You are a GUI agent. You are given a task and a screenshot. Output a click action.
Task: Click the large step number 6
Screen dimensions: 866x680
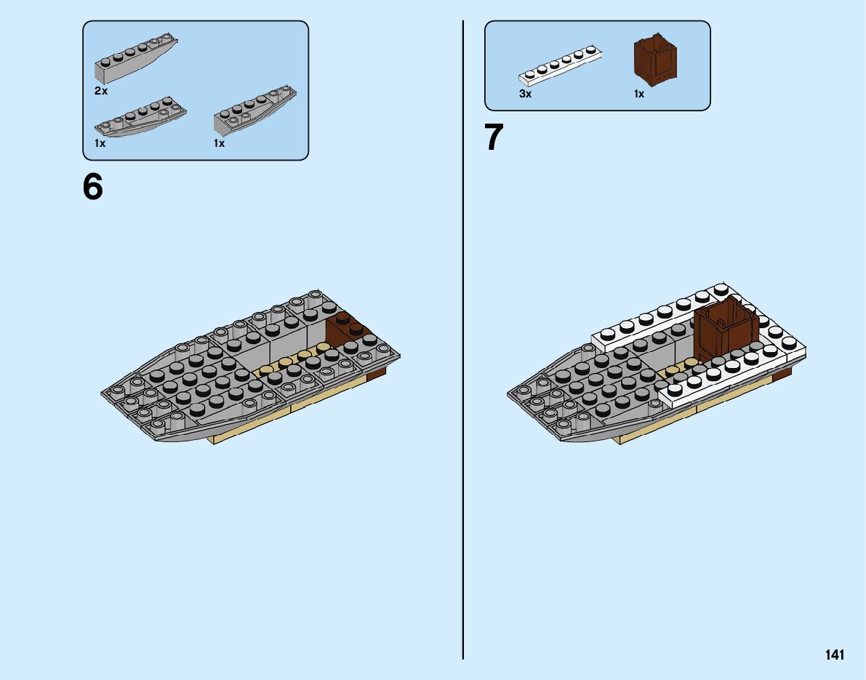click(x=94, y=188)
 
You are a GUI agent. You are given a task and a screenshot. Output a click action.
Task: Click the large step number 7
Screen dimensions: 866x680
click(x=494, y=138)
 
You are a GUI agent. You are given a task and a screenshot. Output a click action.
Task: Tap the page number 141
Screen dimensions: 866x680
click(x=834, y=655)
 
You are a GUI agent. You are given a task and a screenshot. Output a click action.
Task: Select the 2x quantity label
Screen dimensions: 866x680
click(x=100, y=92)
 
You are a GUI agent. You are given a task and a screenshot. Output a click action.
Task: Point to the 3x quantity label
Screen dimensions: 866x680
click(x=525, y=95)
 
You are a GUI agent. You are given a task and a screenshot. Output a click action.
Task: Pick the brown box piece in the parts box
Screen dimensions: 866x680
click(x=657, y=60)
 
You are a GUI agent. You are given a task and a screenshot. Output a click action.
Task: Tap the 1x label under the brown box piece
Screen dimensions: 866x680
click(x=638, y=95)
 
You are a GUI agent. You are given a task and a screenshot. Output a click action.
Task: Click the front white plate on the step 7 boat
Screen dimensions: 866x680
click(x=727, y=378)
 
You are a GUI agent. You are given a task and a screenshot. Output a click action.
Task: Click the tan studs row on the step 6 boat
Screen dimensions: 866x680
click(x=291, y=361)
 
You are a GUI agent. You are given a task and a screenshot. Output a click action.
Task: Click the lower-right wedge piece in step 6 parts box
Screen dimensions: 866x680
click(x=254, y=113)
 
